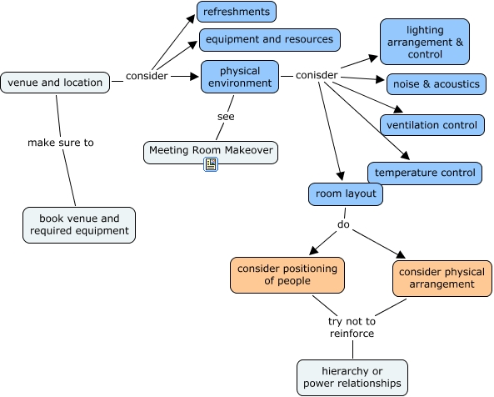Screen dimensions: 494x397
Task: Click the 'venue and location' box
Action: pyautogui.click(x=55, y=83)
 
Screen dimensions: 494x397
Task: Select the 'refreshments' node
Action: pyautogui.click(x=237, y=12)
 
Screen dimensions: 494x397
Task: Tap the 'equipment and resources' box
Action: pyautogui.click(x=270, y=40)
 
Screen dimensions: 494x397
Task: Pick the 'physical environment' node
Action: pyautogui.click(x=240, y=77)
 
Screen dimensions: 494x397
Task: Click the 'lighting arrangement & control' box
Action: pyautogui.click(x=425, y=42)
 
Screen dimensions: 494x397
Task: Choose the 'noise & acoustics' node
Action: pyautogui.click(x=437, y=84)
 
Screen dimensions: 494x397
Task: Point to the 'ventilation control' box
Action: pyautogui.click(x=432, y=125)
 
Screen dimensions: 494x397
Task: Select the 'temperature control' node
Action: pyautogui.click(x=425, y=173)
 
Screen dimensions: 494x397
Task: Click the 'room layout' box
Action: pyautogui.click(x=346, y=194)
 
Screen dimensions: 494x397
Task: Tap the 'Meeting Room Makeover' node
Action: pyautogui.click(x=211, y=153)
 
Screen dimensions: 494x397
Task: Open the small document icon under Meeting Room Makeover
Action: pyautogui.click(x=211, y=164)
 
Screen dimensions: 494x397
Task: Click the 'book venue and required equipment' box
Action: pyautogui.click(x=79, y=225)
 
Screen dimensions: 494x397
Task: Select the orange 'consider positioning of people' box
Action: pyautogui.click(x=287, y=275)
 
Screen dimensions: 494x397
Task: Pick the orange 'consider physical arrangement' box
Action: pyautogui.click(x=442, y=279)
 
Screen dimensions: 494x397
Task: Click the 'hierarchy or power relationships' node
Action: pyautogui.click(x=352, y=378)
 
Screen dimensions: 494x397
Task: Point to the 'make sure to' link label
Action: pyautogui.click(x=61, y=143)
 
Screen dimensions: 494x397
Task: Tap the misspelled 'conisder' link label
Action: pyautogui.click(x=317, y=75)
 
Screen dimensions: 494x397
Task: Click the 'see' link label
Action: pyautogui.click(x=226, y=117)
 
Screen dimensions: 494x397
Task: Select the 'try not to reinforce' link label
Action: pyautogui.click(x=352, y=327)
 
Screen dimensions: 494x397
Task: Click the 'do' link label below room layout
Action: pyautogui.click(x=343, y=224)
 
